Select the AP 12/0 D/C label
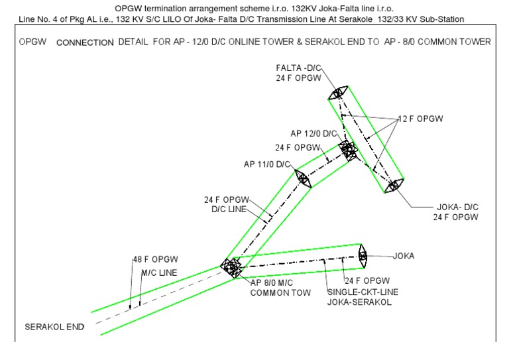314,133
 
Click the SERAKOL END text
55,328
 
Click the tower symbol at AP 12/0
347,150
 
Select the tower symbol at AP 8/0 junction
232,267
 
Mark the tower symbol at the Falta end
339,94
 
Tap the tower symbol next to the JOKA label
363,255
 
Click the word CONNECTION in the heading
85,42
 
